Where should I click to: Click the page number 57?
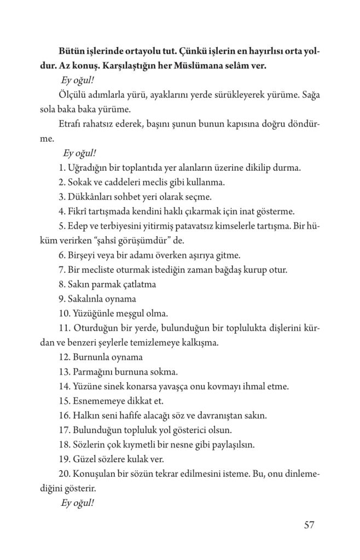coord(309,526)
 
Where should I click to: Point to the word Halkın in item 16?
coord(84,415)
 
